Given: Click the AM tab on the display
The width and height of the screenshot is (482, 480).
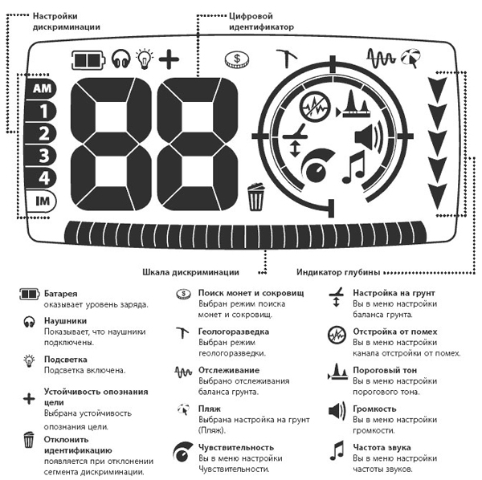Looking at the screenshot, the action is tap(41, 88).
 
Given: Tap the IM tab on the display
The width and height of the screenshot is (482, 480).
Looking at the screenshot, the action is tap(41, 201).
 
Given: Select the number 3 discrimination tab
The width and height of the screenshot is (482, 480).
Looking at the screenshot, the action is tap(41, 156).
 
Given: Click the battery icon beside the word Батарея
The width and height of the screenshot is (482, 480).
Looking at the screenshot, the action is tap(30, 294).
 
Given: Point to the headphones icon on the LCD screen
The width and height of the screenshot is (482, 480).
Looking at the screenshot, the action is tap(120, 59).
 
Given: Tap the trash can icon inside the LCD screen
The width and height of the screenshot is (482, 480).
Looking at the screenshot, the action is tap(255, 197).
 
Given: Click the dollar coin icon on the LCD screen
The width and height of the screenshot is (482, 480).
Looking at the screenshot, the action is tap(237, 59).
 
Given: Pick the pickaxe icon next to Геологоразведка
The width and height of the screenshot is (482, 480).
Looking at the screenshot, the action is tap(182, 332).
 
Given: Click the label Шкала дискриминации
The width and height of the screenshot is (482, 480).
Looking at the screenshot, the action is tap(190, 272).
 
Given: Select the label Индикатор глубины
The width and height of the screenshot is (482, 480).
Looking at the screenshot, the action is tap(338, 272).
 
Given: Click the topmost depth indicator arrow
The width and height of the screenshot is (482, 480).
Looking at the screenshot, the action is tap(437, 90).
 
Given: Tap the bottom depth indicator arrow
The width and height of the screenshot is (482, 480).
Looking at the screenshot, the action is tap(437, 197).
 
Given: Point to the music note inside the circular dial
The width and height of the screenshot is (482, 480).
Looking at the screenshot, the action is tap(353, 168).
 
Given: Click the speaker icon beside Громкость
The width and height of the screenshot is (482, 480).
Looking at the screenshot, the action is tap(337, 411).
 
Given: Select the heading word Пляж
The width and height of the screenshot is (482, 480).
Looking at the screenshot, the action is tap(210, 409).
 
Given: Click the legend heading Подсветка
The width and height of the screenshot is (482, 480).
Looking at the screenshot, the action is tap(66, 360).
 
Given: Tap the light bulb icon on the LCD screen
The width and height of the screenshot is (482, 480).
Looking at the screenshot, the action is tap(145, 59).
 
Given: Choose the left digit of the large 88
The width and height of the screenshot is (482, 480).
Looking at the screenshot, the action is tap(111, 144).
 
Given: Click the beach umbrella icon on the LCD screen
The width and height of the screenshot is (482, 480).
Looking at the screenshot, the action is tap(411, 58).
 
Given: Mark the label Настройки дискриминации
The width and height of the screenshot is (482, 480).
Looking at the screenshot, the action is tap(67, 22).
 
